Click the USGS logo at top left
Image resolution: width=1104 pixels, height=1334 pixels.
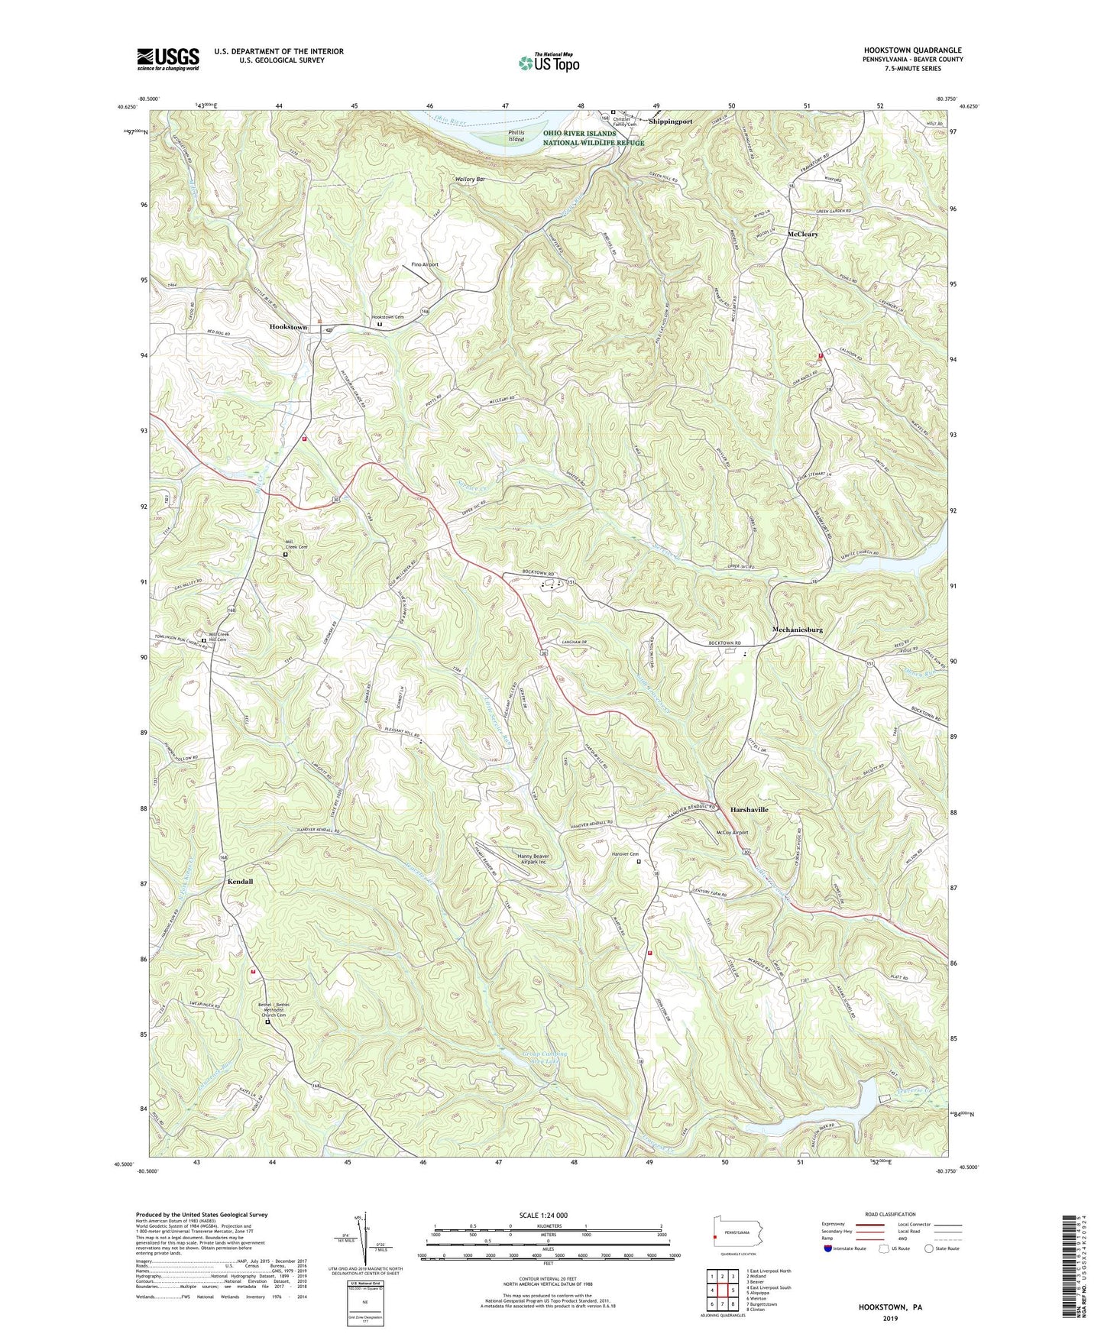(x=168, y=58)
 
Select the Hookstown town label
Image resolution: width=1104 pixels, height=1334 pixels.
(x=288, y=327)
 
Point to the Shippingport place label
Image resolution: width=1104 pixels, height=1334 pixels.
(x=670, y=121)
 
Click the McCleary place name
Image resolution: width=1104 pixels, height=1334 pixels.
(x=803, y=235)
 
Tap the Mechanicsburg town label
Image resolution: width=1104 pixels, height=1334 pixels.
(x=797, y=630)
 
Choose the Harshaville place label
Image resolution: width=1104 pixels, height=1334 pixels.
(x=749, y=809)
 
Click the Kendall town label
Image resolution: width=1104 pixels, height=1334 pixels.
(x=240, y=881)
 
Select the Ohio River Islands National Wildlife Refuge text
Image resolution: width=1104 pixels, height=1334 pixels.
(x=594, y=138)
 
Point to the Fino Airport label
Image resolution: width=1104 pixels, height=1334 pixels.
(x=425, y=264)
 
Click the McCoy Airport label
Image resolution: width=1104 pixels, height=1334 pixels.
(x=732, y=833)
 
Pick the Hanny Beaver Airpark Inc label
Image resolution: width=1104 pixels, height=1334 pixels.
(x=533, y=859)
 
